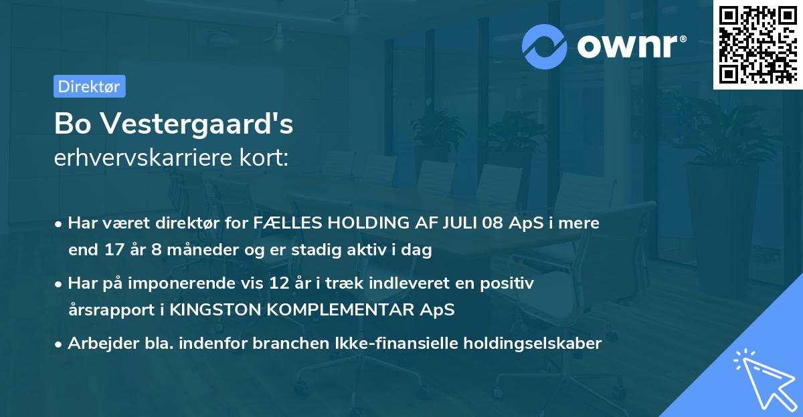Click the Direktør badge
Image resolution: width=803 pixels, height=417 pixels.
point(89,86)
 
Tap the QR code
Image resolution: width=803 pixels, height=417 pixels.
point(757,44)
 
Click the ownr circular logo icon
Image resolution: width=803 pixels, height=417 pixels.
point(545,46)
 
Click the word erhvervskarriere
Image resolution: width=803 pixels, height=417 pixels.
point(145,158)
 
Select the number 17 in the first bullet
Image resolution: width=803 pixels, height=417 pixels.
point(112,251)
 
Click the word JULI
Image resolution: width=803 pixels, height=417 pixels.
point(457,223)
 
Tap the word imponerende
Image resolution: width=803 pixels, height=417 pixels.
point(203,283)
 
